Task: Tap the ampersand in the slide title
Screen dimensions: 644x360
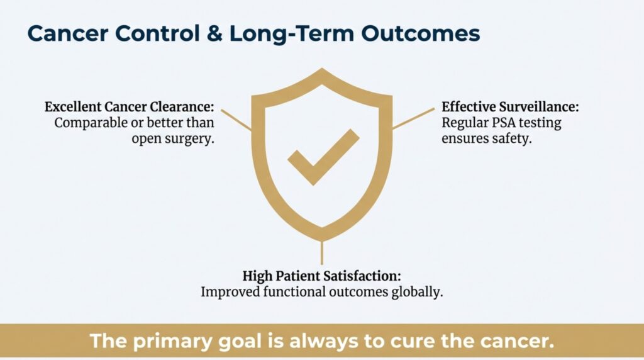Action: (x=214, y=34)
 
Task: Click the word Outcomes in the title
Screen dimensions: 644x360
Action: (x=421, y=34)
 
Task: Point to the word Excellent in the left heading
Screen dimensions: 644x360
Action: (x=73, y=107)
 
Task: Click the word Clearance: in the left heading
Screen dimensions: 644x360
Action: (x=182, y=107)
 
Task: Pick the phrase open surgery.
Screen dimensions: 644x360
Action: (x=173, y=139)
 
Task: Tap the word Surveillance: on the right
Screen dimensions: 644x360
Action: (x=538, y=107)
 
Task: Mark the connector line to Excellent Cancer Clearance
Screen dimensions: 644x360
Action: (x=236, y=120)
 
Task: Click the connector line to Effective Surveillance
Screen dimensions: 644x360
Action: (x=413, y=119)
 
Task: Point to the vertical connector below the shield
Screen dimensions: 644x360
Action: (x=321, y=253)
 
